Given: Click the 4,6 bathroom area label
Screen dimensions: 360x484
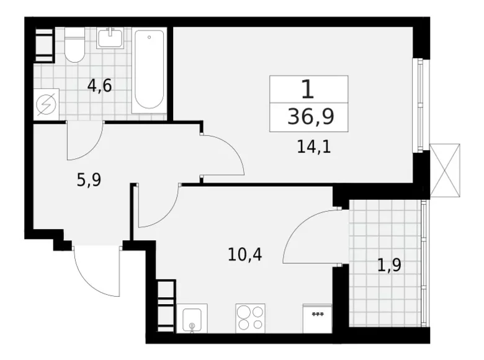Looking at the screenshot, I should pyautogui.click(x=99, y=85).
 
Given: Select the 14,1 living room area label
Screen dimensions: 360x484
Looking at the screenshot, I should pyautogui.click(x=312, y=148).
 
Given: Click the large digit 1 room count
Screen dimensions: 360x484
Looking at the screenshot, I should pyautogui.click(x=308, y=89).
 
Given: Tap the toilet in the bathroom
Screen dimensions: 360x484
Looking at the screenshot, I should pyautogui.click(x=75, y=45).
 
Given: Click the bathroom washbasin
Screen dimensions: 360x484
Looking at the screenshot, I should pyautogui.click(x=112, y=39).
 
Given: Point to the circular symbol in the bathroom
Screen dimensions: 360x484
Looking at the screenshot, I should pyautogui.click(x=45, y=104).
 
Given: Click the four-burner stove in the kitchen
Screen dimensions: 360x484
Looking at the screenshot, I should pyautogui.click(x=250, y=318).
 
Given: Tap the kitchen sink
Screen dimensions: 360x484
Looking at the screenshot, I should pyautogui.click(x=192, y=319).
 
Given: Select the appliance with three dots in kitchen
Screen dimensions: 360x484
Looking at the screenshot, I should pyautogui.click(x=317, y=318).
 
